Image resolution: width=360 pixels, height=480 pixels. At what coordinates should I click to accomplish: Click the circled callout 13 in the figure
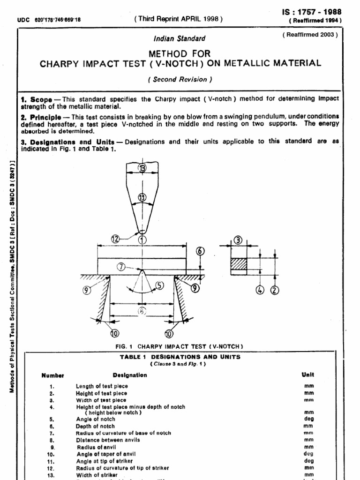[142, 168]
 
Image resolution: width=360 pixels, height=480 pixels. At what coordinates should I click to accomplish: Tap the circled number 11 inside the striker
[142, 199]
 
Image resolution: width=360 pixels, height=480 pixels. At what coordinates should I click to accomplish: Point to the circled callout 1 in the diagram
[142, 239]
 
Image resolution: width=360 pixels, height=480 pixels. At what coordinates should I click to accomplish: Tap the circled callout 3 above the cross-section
[238, 240]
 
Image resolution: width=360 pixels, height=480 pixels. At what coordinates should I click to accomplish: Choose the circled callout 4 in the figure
[260, 290]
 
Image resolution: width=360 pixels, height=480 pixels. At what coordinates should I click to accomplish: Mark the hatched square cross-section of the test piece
[239, 265]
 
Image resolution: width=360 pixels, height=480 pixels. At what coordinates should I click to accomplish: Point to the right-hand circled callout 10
[169, 334]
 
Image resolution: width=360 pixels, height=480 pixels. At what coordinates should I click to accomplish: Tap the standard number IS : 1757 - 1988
[315, 12]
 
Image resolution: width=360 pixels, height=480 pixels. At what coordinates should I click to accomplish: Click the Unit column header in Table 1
[308, 375]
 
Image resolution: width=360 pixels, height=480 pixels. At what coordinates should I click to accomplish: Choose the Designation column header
[130, 375]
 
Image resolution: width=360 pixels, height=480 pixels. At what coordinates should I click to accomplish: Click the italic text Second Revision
[177, 79]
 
